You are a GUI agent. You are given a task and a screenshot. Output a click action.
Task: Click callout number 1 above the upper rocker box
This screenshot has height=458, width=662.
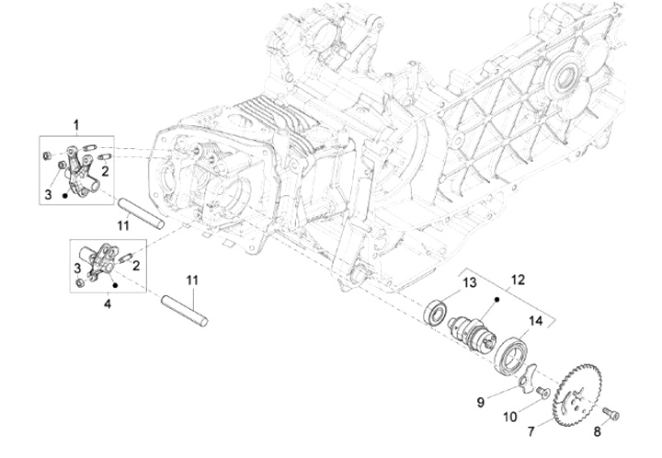76,123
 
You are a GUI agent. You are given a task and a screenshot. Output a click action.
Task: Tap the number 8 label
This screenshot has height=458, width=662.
597,430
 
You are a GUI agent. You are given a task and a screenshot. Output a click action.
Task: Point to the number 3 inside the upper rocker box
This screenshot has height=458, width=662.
48,194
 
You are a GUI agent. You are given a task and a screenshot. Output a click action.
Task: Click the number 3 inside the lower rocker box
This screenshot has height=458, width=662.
78,266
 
